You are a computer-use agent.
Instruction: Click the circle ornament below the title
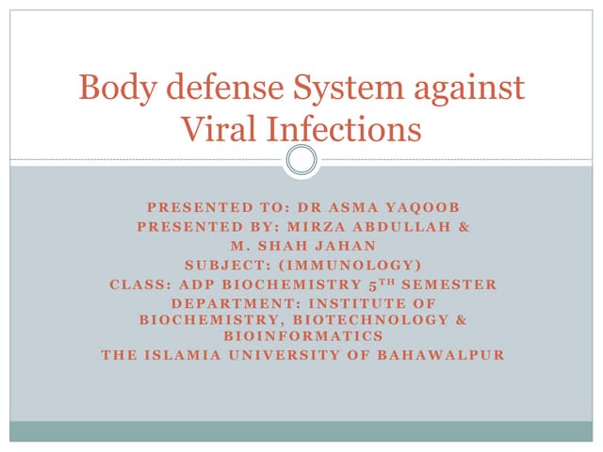(x=301, y=159)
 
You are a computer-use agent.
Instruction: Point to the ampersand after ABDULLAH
(x=462, y=227)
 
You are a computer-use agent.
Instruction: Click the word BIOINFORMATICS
(x=302, y=335)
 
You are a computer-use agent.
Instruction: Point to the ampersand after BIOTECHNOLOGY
(x=461, y=319)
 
